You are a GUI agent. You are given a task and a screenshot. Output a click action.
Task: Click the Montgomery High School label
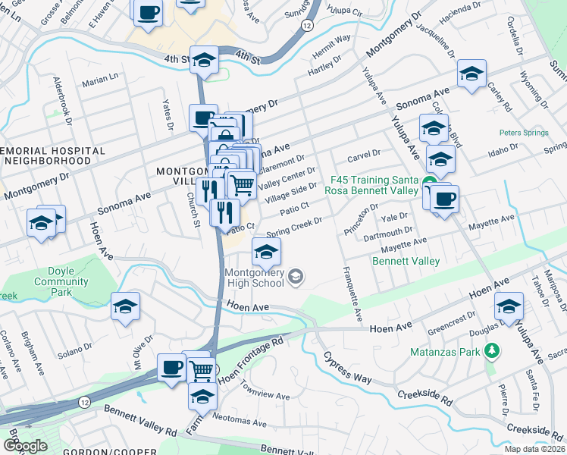coord(254,278)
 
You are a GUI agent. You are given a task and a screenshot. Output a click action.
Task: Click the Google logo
coord(25,445)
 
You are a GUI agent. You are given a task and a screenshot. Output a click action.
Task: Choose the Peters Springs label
coord(523,133)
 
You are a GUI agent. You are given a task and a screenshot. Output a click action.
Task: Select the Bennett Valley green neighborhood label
coord(406,262)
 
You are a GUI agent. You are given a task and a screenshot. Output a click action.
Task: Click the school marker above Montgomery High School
coord(266,252)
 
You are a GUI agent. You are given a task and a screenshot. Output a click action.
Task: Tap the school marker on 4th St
coord(204,60)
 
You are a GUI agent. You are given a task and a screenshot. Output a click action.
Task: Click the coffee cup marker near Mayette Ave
coord(445,199)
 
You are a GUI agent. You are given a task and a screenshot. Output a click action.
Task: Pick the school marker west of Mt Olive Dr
coord(125,306)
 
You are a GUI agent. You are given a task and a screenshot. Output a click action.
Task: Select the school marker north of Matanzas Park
coord(509,306)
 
